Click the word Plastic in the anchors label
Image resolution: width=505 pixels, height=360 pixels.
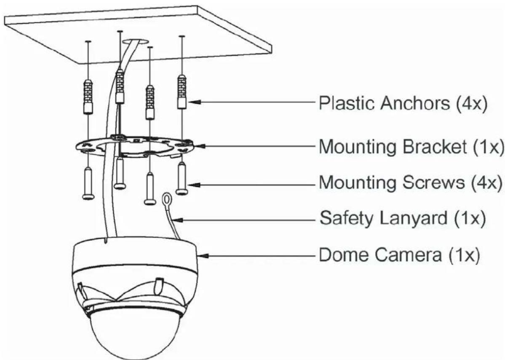coord(347,103)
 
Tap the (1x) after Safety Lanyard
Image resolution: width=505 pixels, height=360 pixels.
coord(470,218)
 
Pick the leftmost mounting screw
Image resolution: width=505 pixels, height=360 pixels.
coord(88,183)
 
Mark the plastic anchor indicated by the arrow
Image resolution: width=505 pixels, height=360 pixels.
coord(182,91)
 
